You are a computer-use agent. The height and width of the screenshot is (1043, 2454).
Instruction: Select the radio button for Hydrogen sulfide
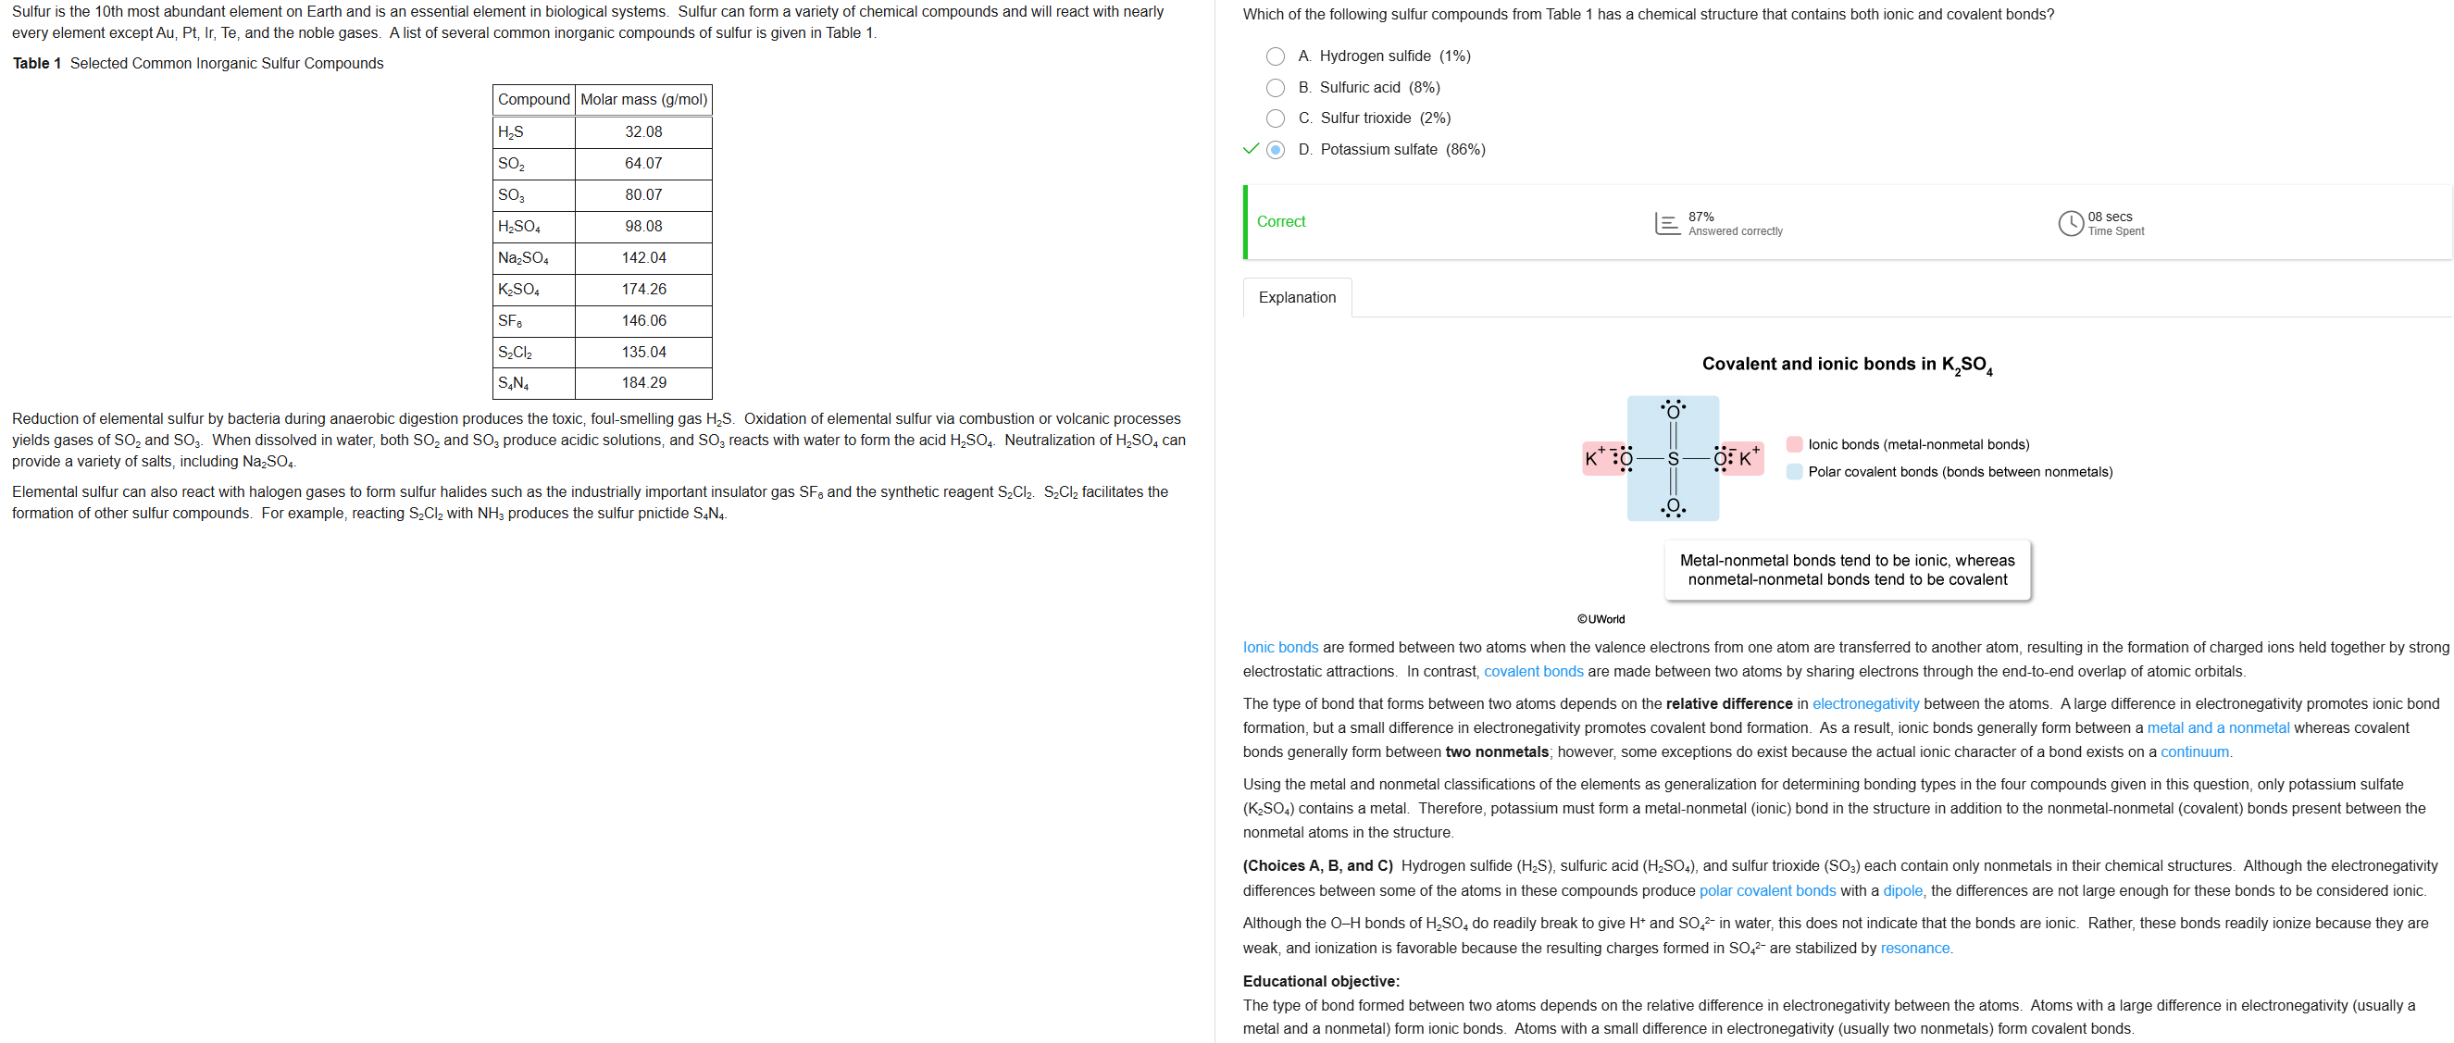click(1276, 56)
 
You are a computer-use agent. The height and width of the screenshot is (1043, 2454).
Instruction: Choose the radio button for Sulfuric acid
click(1276, 88)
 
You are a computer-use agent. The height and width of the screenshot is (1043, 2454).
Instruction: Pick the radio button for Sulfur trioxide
click(1276, 118)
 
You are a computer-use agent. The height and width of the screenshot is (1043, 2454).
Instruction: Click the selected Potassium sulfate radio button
click(1276, 150)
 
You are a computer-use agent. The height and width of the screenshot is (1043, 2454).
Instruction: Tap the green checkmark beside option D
click(1251, 149)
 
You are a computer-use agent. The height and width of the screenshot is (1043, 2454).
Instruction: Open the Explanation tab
click(1297, 297)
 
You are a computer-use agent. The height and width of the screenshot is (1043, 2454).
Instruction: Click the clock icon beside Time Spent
click(2070, 223)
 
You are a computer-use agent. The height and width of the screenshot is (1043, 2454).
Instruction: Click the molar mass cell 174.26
click(644, 289)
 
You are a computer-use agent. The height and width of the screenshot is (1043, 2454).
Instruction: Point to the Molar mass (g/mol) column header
click(644, 99)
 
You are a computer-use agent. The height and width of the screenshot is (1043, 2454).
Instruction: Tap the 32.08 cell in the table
click(644, 131)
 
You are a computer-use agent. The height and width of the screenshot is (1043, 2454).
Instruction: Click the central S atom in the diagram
click(1673, 459)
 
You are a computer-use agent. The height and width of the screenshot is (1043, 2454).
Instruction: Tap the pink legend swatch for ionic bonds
click(1795, 444)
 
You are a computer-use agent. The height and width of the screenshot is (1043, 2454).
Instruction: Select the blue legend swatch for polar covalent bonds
click(1795, 471)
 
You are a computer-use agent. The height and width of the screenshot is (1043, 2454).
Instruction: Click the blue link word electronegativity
click(1865, 704)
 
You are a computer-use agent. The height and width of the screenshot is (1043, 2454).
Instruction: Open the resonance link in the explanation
click(1915, 948)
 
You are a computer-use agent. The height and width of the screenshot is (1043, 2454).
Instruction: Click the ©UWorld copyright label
click(1601, 619)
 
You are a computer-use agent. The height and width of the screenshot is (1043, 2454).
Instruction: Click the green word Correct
click(1280, 221)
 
